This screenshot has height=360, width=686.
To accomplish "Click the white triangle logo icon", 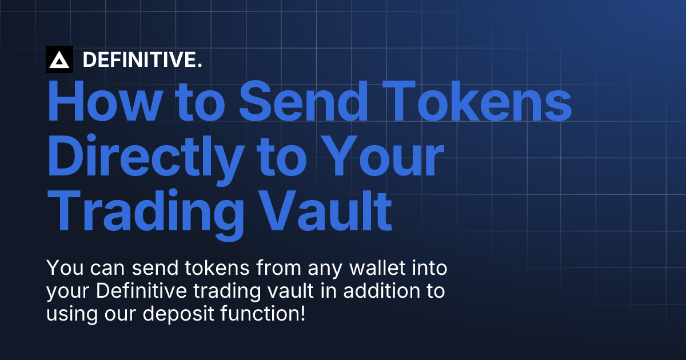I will pos(59,59).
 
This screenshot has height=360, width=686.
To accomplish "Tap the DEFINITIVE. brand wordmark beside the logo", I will pos(142,60).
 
